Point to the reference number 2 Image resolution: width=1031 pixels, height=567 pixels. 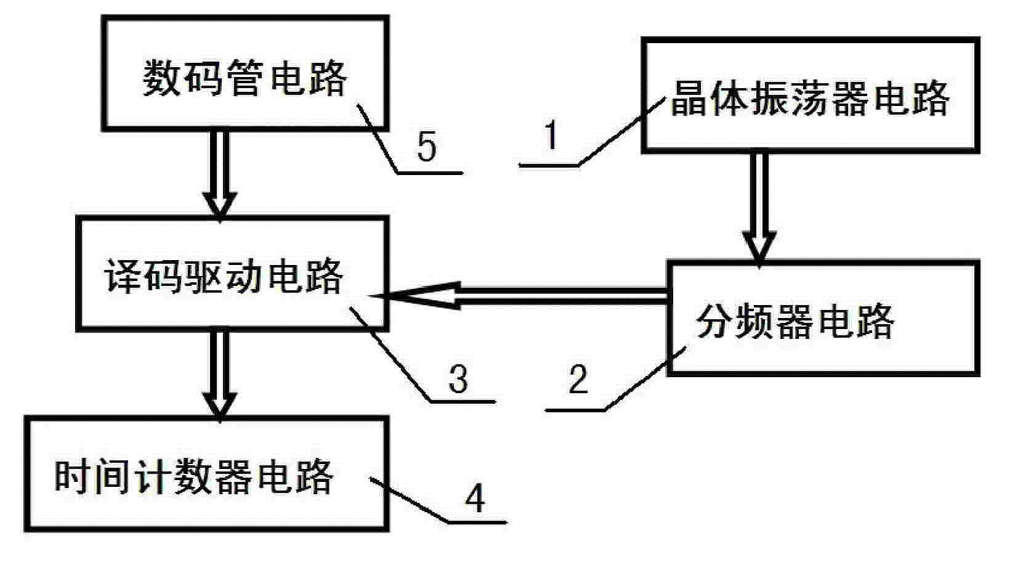pos(578,380)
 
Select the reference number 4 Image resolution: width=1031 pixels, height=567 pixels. pos(475,498)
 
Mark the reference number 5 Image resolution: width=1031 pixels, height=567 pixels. pos(427,147)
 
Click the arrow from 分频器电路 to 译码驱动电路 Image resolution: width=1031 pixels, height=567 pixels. pos(524,296)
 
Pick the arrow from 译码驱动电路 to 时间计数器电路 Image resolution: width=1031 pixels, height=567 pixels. pos(220,373)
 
